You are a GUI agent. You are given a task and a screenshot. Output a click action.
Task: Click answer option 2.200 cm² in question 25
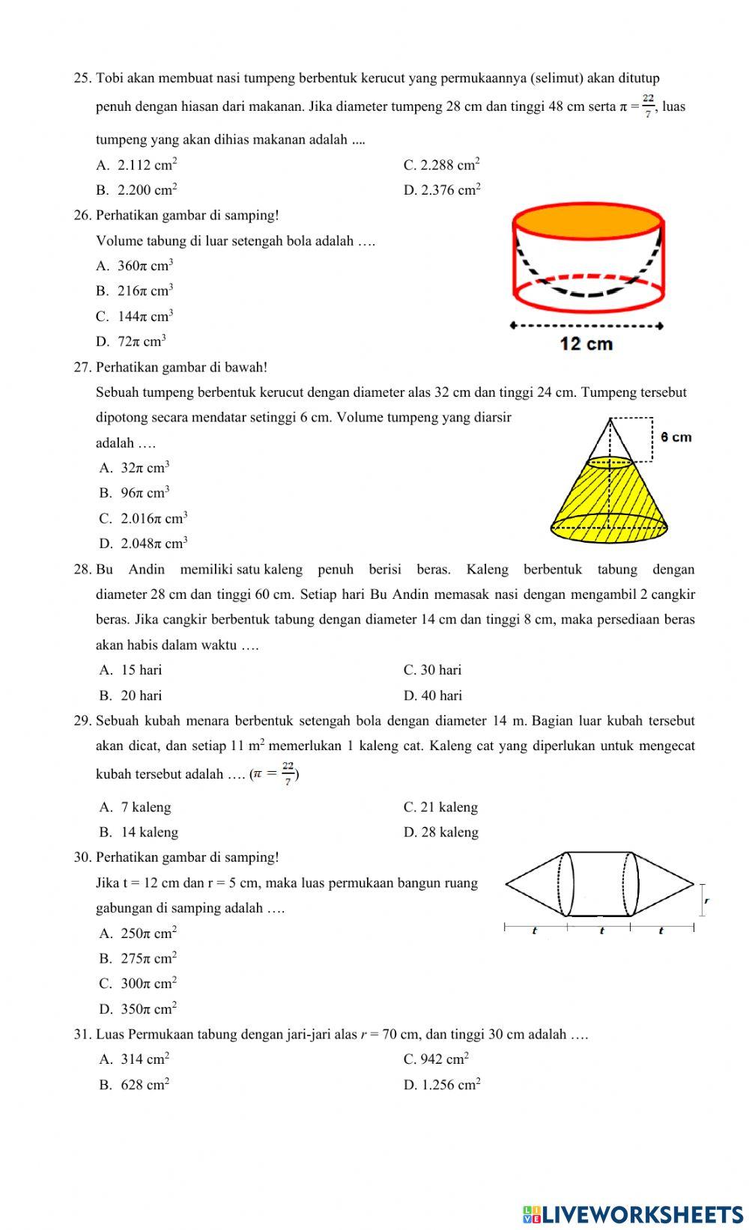pyautogui.click(x=147, y=190)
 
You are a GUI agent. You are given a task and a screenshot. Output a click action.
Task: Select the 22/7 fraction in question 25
pyautogui.click(x=648, y=106)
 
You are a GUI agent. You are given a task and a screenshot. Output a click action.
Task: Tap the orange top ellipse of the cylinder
pyautogui.click(x=588, y=222)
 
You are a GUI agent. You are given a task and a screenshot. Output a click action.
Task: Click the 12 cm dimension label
pyautogui.click(x=586, y=344)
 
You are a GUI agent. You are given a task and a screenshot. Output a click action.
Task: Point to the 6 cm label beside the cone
pyautogui.click(x=676, y=437)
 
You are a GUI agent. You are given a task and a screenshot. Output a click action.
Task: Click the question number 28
pyautogui.click(x=82, y=570)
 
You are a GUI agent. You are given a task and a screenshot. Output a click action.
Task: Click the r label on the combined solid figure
pyautogui.click(x=706, y=901)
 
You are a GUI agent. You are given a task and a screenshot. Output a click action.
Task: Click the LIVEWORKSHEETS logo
pyautogui.click(x=632, y=1214)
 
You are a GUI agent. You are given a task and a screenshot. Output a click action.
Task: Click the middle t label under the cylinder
pyautogui.click(x=601, y=931)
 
